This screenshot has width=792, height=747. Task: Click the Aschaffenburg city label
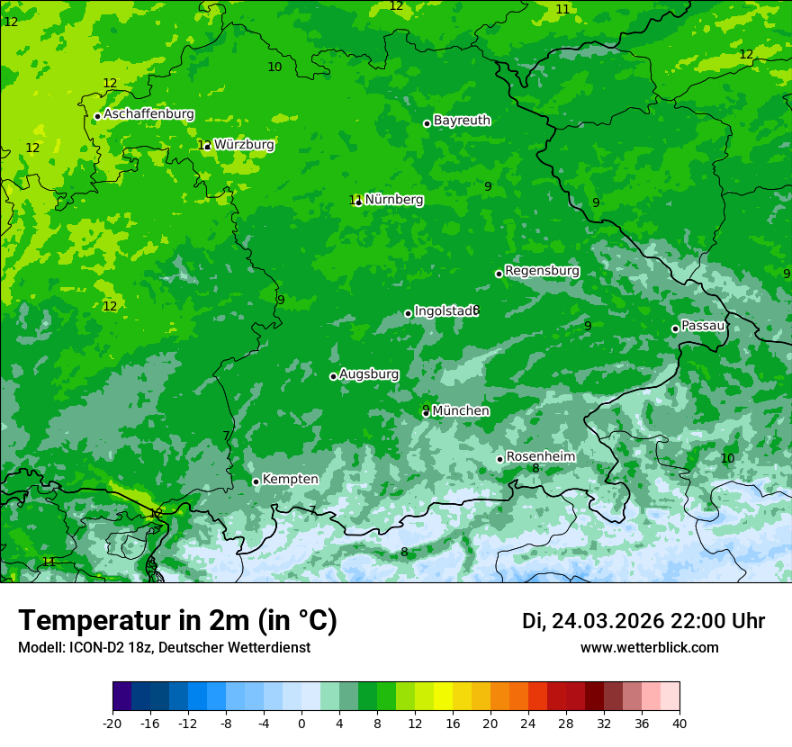[148, 114]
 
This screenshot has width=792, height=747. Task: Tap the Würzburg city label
[244, 144]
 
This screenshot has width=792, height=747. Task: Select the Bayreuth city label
[462, 120]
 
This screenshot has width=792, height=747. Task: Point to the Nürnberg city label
[393, 200]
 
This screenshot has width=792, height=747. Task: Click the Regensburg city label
[542, 270]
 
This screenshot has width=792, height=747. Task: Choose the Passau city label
[703, 325]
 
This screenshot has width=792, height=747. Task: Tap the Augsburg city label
[369, 373]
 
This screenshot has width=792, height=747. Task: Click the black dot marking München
[427, 413]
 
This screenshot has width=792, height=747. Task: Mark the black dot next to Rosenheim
[500, 459]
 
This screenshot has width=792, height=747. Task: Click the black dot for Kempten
[256, 481]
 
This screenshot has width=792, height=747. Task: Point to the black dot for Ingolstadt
[409, 313]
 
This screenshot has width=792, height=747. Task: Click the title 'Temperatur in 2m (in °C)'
[178, 620]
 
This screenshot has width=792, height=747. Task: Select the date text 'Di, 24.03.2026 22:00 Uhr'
[643, 621]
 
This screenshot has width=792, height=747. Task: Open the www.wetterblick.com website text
[649, 647]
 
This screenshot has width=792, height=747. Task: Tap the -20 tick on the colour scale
[112, 723]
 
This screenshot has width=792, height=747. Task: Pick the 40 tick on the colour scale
[679, 723]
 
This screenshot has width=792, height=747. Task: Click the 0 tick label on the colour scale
[301, 723]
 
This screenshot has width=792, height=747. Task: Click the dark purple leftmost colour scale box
[121, 697]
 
